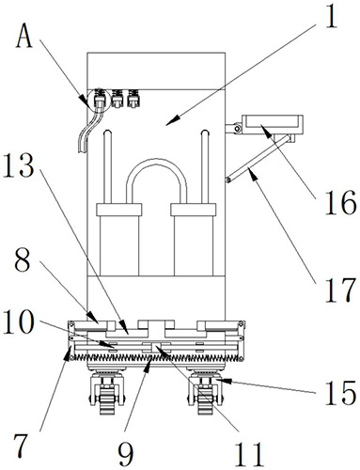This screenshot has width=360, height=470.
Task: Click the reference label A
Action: (24, 36)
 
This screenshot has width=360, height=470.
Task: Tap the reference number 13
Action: (20, 165)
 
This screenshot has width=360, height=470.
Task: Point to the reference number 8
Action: (23, 258)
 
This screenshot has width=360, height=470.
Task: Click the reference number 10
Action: (19, 321)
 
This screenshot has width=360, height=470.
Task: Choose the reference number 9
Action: (126, 453)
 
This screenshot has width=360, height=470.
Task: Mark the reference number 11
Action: (250, 453)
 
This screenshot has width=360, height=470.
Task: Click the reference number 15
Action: (340, 392)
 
